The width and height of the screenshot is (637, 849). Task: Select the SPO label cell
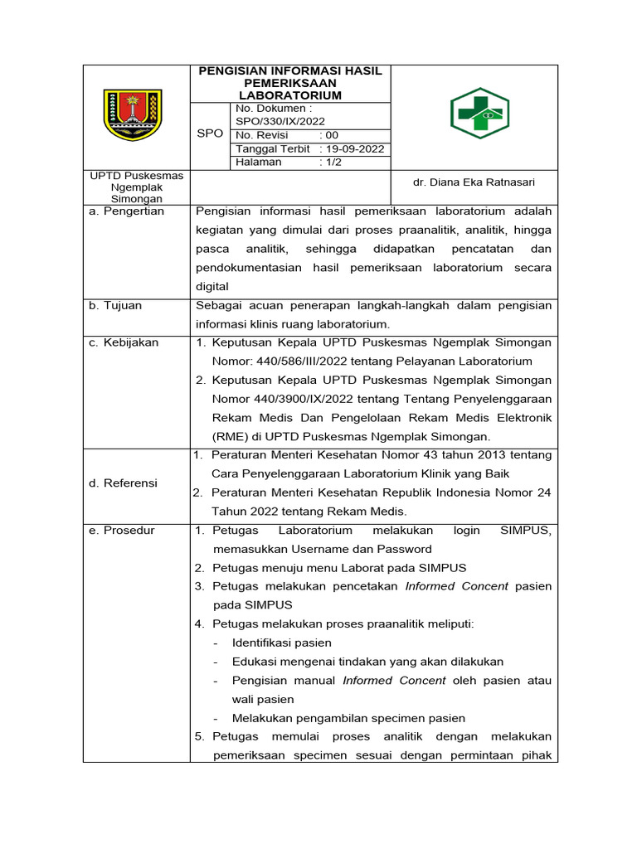click(x=209, y=133)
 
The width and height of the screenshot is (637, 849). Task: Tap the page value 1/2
click(x=333, y=163)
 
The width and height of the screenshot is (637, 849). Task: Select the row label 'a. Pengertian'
click(x=127, y=211)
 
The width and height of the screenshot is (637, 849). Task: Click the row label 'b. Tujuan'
click(x=115, y=306)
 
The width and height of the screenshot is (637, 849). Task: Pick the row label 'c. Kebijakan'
click(x=124, y=343)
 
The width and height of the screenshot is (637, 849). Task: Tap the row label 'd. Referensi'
click(x=124, y=483)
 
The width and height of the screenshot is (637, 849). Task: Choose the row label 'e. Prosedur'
click(x=122, y=531)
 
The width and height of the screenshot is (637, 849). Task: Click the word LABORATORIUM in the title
click(x=290, y=95)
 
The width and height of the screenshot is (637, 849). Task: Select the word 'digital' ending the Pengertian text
click(x=212, y=287)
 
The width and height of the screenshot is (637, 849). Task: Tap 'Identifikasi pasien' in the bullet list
click(x=282, y=643)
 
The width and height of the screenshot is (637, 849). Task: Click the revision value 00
click(x=332, y=135)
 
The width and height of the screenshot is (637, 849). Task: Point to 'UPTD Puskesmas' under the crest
click(x=137, y=176)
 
